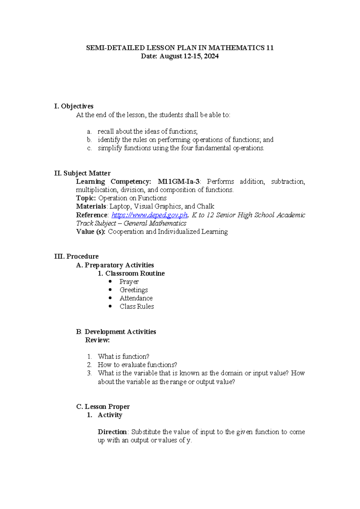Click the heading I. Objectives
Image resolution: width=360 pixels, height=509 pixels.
pos(74,106)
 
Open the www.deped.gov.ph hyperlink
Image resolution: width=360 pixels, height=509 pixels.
pos(149,215)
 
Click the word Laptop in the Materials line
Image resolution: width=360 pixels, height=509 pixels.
pos(120,206)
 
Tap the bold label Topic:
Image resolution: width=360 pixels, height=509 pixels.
pos(86,198)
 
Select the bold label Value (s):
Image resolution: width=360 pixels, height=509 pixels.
pos(91,232)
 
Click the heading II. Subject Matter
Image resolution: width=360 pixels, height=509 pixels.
pos(82,173)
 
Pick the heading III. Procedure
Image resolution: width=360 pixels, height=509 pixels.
pos(76,256)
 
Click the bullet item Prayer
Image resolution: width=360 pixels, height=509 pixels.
pos(129,282)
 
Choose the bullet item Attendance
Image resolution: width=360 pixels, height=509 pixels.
pos(136,298)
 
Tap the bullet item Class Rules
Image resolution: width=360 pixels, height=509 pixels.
pos(136,306)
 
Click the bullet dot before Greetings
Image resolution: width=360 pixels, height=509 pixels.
pos(110,290)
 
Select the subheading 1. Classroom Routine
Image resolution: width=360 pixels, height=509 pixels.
pos(131,273)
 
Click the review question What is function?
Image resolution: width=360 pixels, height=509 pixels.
pos(123,357)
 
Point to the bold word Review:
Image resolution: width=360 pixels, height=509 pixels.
pos(97,340)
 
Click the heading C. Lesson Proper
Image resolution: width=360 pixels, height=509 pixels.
pos(103,407)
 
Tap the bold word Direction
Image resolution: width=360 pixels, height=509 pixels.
pos(112,432)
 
